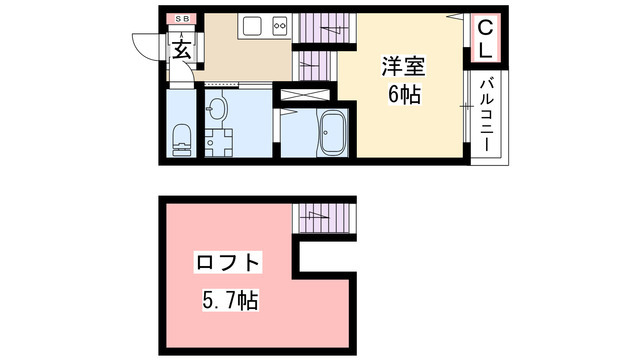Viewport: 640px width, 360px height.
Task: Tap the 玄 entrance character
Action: pyautogui.click(x=182, y=47)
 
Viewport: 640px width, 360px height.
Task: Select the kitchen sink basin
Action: pyautogui.click(x=251, y=27)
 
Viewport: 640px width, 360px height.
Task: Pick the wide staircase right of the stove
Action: pyautogui.click(x=320, y=27)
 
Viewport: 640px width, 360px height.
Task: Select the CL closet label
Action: pyautogui.click(x=483, y=40)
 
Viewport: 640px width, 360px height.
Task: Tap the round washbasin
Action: pyautogui.click(x=218, y=107)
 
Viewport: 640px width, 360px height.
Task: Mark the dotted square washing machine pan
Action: pyautogui.click(x=218, y=142)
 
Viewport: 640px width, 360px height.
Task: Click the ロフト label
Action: pyautogui.click(x=229, y=265)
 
